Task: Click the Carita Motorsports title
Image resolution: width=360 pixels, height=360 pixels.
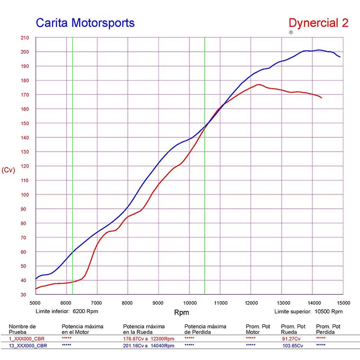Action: [x=85, y=22]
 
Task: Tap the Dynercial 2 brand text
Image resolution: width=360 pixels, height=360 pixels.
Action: [x=318, y=23]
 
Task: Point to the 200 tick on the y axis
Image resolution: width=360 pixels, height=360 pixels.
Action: [x=25, y=52]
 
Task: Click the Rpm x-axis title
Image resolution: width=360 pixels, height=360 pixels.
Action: [x=181, y=312]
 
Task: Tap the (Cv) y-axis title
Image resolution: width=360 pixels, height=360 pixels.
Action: [x=9, y=170]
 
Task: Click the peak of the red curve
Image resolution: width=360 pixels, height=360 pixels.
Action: [x=259, y=84]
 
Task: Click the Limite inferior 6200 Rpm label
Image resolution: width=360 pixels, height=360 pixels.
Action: [x=67, y=311]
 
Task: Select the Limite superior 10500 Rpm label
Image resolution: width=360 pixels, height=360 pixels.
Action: [x=308, y=311]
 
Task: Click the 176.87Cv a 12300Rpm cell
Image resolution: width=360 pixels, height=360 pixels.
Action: [x=148, y=338]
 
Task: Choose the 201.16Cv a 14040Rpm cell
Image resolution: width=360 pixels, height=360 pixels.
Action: [x=148, y=346]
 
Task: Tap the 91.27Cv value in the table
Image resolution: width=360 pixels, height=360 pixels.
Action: [x=291, y=338]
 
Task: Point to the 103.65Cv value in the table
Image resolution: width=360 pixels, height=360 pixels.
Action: [x=292, y=346]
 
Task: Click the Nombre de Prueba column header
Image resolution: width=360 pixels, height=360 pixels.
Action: [x=22, y=329]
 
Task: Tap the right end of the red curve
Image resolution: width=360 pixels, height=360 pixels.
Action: [x=322, y=98]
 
